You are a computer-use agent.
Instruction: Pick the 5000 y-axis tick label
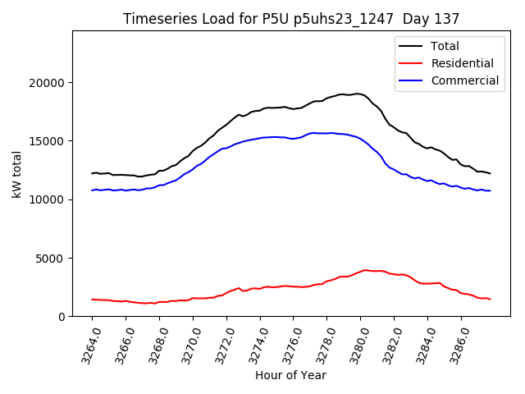click(52, 258)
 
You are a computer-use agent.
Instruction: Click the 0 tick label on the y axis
click(62, 317)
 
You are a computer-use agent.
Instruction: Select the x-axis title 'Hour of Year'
click(290, 375)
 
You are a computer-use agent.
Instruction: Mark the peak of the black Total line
click(358, 94)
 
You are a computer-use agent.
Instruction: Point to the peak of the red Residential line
click(365, 269)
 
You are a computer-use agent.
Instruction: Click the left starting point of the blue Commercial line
click(92, 190)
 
